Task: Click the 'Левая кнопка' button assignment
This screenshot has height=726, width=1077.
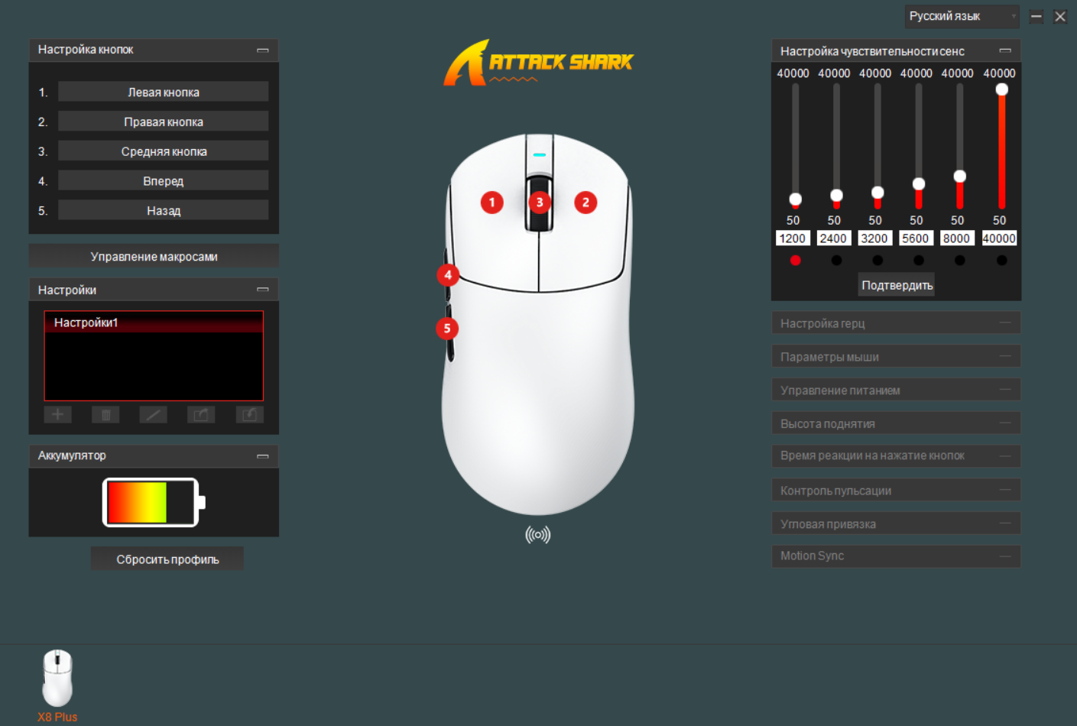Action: (163, 92)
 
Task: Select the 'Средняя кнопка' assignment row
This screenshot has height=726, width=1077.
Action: (163, 151)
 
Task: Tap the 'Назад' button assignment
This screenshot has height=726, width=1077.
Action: (163, 210)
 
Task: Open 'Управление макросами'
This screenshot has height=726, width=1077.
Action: (154, 256)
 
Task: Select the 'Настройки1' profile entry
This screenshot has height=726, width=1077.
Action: (154, 322)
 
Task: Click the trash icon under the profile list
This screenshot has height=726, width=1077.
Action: (105, 414)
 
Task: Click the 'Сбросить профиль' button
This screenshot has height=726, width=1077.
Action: (167, 559)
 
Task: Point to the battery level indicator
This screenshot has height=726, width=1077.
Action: (154, 502)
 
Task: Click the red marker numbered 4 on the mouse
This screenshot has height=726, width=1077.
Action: (448, 275)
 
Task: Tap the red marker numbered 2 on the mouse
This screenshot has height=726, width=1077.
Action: (586, 203)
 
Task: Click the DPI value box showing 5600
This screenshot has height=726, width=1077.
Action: (916, 238)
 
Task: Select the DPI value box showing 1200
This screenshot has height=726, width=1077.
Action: (793, 238)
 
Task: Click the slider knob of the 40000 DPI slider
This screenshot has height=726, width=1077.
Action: (1001, 89)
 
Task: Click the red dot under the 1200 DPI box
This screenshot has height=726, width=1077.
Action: (795, 260)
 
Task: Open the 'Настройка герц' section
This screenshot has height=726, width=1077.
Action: (896, 323)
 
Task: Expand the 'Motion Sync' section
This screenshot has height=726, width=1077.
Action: (896, 556)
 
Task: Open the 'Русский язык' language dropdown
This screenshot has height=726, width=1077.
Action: (962, 16)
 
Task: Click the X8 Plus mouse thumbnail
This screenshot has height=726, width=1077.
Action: (57, 678)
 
